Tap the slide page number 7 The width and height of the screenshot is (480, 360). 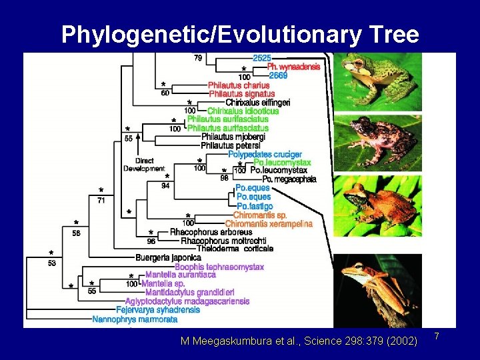[437, 335]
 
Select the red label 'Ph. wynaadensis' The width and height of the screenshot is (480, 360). [293, 67]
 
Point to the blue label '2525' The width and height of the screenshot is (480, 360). [261, 59]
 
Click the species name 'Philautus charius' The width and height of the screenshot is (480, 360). [239, 85]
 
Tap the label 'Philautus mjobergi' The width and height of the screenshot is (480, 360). [233, 137]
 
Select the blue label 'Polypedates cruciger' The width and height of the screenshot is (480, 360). [265, 155]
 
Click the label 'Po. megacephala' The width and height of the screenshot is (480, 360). [289, 179]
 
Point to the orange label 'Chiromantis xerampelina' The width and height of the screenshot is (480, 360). [269, 224]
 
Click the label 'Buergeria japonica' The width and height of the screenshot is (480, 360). [168, 257]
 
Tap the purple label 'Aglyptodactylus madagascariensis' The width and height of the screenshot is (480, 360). [187, 301]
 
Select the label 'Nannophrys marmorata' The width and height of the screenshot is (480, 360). [135, 319]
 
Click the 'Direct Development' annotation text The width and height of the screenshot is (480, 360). [143, 165]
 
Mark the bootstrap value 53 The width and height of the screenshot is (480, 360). [52, 263]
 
